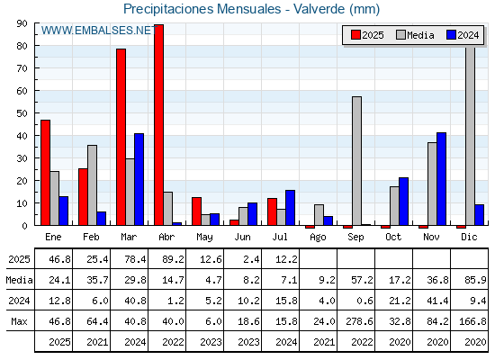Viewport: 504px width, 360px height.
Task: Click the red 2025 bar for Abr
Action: coord(158,125)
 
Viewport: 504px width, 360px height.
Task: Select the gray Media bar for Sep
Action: coord(356,161)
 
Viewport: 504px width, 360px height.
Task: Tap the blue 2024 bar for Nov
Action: coord(441,179)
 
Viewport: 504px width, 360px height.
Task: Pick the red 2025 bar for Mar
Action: coord(121,137)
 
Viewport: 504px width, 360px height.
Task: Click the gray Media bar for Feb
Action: coord(92,185)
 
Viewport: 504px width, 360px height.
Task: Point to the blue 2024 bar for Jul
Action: coord(290,208)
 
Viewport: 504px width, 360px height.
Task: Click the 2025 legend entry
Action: coord(367,35)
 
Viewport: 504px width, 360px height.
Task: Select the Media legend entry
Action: coord(415,35)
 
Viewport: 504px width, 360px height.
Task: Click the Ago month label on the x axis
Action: coord(318,238)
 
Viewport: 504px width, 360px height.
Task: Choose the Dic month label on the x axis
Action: coord(469,237)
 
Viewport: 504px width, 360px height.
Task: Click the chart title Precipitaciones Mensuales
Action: coord(202,9)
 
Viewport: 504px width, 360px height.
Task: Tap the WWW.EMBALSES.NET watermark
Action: coord(99,31)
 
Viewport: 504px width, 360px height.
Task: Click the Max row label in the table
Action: coord(19,321)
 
